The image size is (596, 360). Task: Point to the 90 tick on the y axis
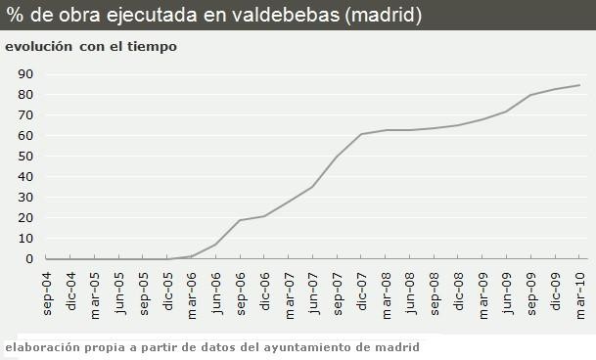coord(26,74)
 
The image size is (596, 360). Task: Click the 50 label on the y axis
coord(26,157)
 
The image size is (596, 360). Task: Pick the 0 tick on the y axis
coord(30,259)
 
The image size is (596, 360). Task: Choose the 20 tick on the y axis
coord(26,218)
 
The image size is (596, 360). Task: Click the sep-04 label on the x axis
coord(46,292)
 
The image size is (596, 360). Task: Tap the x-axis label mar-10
coord(580,292)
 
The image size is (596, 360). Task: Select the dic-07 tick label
coord(362,292)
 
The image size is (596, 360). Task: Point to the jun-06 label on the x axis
coord(216,292)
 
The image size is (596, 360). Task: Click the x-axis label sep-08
coord(435,292)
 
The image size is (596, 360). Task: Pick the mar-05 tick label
coord(95,292)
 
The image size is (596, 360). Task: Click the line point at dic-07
coord(361,134)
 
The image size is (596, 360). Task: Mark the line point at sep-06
coord(240,220)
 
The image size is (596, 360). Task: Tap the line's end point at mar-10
coord(579,85)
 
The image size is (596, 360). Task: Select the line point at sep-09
coord(530,95)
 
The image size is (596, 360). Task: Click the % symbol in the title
coord(15,15)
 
